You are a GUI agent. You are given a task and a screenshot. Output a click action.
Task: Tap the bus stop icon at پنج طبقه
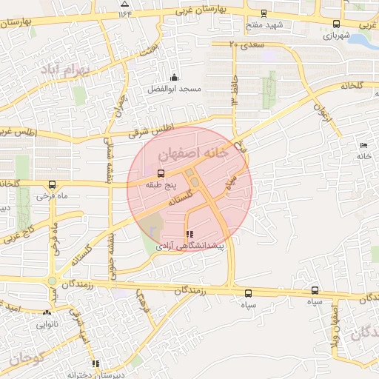click(x=161, y=173)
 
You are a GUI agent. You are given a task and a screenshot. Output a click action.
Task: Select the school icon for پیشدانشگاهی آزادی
click(x=189, y=234)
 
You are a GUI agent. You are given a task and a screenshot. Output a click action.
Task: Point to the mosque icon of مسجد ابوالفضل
click(x=174, y=77)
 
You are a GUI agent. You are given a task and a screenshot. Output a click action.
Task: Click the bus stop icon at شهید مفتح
click(x=264, y=13)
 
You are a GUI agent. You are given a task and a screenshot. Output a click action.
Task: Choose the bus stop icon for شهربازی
click(x=337, y=23)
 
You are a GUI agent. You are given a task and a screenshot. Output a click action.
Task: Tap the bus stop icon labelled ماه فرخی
click(x=51, y=184)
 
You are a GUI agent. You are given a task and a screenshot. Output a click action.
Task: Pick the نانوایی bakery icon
click(x=48, y=312)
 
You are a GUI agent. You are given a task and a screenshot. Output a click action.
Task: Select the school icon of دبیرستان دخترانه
click(x=95, y=363)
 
